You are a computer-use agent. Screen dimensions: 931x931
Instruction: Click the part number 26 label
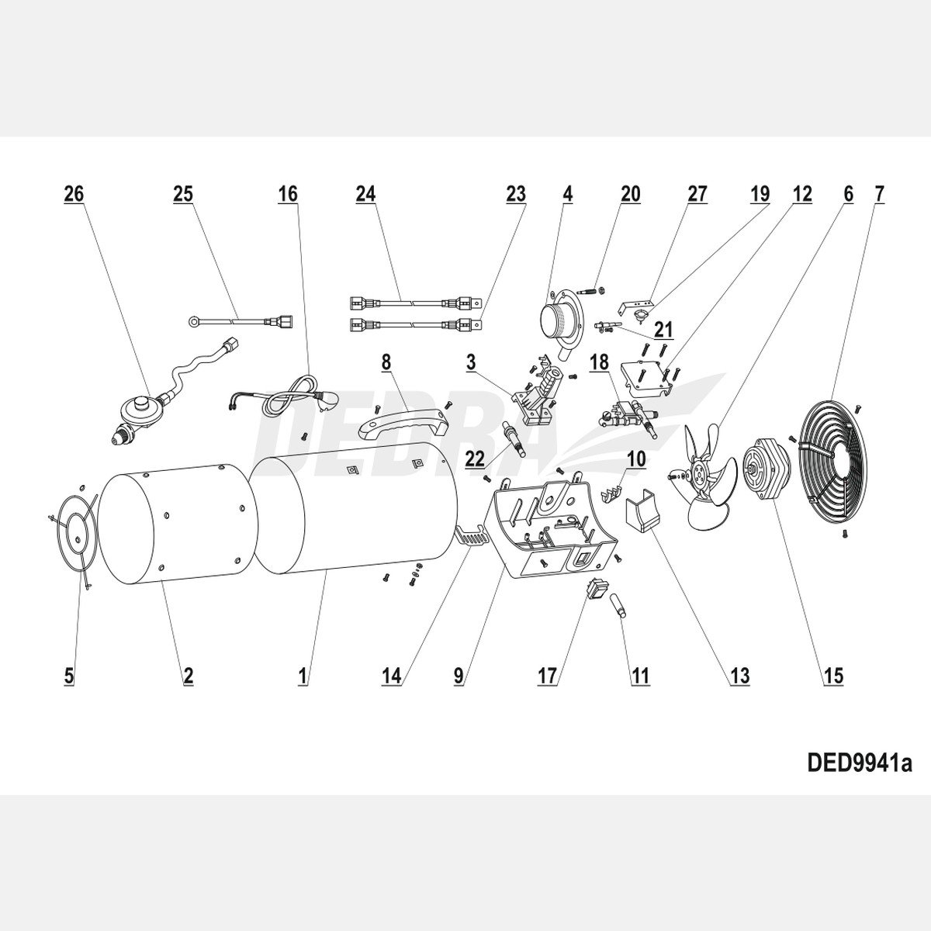coord(74,194)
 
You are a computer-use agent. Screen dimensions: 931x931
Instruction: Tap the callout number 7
coord(879,194)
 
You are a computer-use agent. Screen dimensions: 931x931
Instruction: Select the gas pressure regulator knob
coord(140,405)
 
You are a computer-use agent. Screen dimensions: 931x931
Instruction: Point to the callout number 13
coord(739,676)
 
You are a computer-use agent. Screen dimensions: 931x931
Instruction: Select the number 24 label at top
coord(365,194)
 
